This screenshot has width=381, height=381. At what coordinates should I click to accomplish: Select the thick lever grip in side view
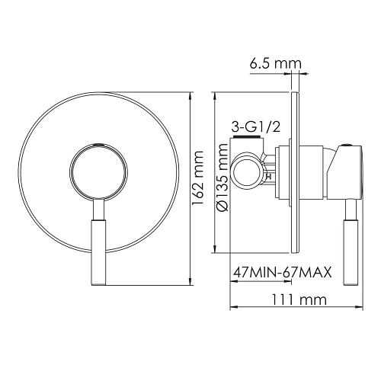[352, 242]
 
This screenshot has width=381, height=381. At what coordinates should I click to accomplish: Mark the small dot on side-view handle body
[349, 147]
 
